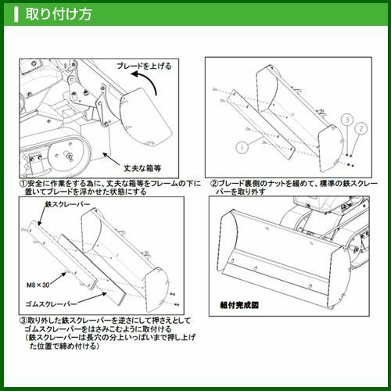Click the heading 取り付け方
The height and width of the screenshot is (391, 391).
(x=59, y=14)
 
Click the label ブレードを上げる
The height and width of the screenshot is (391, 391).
(x=144, y=66)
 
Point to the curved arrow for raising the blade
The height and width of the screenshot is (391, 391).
(x=147, y=80)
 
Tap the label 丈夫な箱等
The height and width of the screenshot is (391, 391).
(x=142, y=168)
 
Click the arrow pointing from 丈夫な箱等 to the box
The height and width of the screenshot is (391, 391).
(x=112, y=159)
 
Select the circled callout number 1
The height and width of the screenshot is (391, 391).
(x=242, y=148)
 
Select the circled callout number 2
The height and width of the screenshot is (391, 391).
(x=361, y=128)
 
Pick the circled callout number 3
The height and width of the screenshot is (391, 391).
(x=347, y=120)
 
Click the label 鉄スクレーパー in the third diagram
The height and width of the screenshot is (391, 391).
(x=68, y=204)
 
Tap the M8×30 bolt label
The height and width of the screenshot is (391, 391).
(x=38, y=285)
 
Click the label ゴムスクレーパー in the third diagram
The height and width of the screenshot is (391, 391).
(x=52, y=304)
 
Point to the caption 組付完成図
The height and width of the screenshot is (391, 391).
(x=239, y=305)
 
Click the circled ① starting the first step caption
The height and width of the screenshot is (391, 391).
(x=23, y=184)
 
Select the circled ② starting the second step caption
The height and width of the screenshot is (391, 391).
(x=213, y=184)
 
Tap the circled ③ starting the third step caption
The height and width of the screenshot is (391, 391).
(x=23, y=320)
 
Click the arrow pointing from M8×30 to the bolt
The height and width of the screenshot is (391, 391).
(x=58, y=278)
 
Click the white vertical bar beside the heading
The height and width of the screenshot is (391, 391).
(x=16, y=15)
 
